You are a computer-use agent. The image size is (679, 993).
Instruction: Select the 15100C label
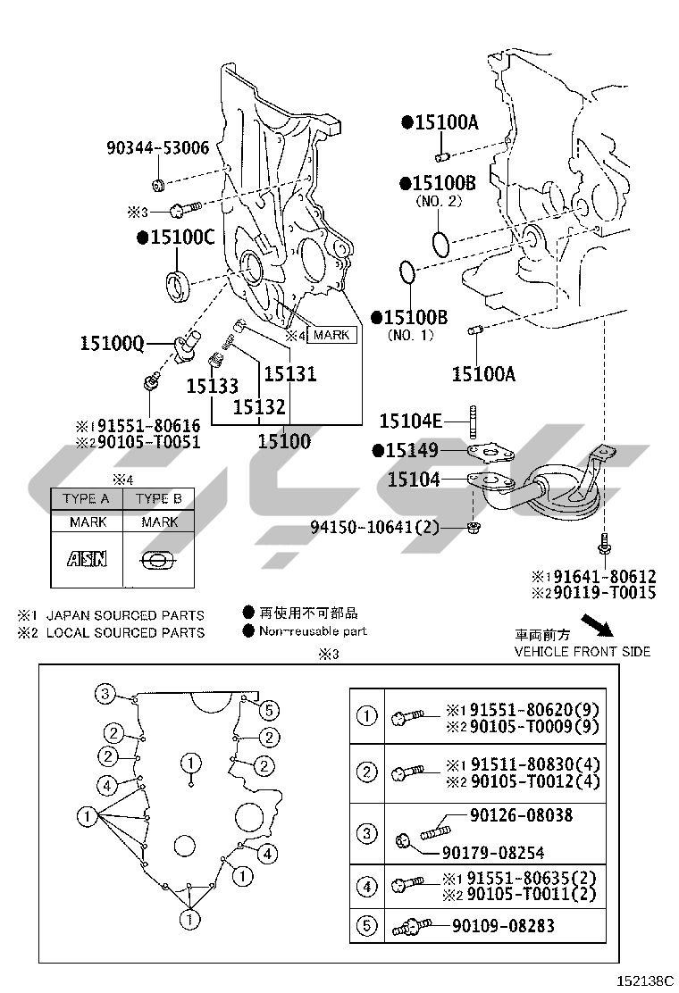(176, 237)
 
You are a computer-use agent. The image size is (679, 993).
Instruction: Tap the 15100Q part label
(112, 343)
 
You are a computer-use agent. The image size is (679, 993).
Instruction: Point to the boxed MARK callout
(331, 335)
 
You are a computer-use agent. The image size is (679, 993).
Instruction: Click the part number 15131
(289, 374)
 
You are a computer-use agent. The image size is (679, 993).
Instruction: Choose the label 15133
(212, 387)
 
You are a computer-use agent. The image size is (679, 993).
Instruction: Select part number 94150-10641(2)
(375, 527)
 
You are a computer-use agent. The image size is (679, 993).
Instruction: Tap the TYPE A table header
(86, 498)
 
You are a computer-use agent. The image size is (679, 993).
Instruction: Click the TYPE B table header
(159, 498)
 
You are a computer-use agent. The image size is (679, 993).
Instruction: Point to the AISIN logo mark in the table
(87, 559)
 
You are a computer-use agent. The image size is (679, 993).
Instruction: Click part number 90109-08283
(503, 925)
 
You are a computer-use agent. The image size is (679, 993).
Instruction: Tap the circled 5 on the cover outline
(270, 710)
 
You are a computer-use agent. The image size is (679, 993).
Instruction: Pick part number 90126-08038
(522, 815)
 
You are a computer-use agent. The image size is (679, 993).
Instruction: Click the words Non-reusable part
(313, 631)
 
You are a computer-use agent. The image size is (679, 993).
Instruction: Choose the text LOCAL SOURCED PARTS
(124, 632)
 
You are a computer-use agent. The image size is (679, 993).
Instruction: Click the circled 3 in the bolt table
(367, 834)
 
